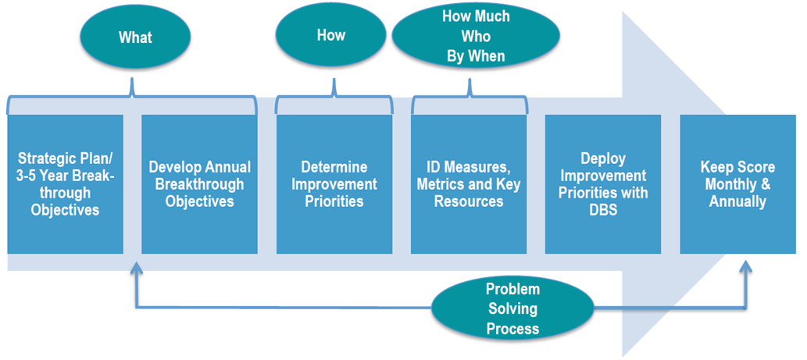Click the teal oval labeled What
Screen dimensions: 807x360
pos(136,37)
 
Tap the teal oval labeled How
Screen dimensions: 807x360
pos(331,35)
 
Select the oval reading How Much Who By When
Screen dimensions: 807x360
pos(476,36)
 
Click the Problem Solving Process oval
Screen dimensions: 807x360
pos(512,308)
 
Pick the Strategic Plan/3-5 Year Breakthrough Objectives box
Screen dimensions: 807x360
pos(65,184)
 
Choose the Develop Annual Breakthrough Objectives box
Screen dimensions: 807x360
pos(200,184)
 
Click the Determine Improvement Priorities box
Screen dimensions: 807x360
pos(334,184)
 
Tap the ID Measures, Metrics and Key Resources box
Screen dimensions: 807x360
pos(469,184)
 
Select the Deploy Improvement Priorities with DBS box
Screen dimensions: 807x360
pos(602,184)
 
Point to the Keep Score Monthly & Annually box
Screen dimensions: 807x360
pos(737,184)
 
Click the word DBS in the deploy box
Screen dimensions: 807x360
pos(602,209)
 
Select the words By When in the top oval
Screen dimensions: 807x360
pos(476,55)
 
